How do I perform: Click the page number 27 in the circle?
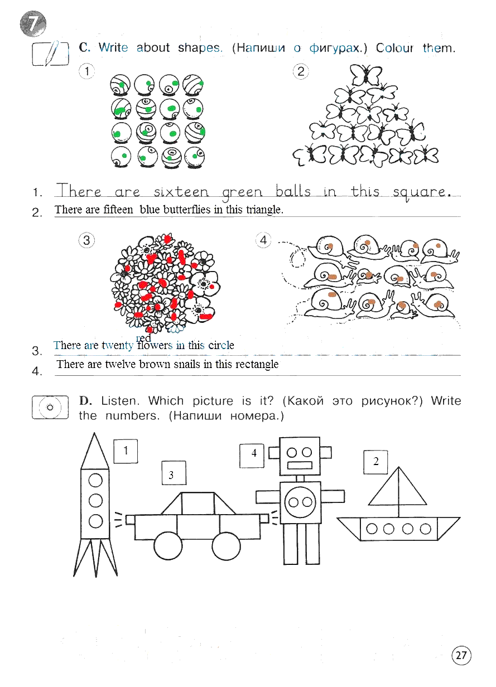tap(461, 655)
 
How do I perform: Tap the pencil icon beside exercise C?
tap(51, 54)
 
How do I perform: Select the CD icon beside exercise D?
tap(50, 407)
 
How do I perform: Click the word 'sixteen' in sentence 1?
tap(181, 192)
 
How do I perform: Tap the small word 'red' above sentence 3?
tap(143, 338)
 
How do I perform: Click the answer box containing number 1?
tap(126, 451)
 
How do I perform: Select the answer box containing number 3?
tap(174, 473)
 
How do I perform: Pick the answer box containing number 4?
tap(252, 456)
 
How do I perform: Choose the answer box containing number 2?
tap(375, 462)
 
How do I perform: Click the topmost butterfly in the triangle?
tap(366, 75)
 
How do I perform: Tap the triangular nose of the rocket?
tap(94, 451)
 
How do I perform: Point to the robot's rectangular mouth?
tap(300, 465)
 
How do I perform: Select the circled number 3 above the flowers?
tap(86, 240)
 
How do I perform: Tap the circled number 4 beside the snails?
tap(263, 240)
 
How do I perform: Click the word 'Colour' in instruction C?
tap(394, 48)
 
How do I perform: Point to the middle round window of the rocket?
tap(95, 501)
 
